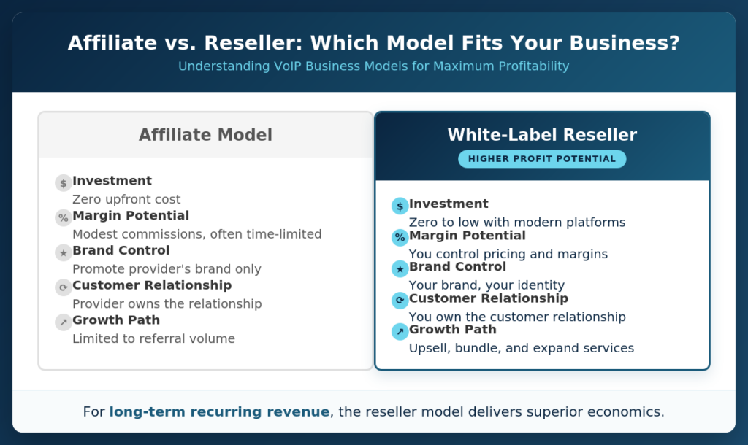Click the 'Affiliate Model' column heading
point(205,135)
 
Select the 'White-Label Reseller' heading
point(542,135)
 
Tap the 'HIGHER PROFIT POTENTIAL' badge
point(542,159)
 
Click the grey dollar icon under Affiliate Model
point(64,183)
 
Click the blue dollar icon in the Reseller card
point(400,206)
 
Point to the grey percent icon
point(64,217)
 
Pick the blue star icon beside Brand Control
point(400,269)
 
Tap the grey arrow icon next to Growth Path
point(64,322)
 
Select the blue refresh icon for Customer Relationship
point(400,301)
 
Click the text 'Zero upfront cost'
point(126,199)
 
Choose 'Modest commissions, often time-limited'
point(197,234)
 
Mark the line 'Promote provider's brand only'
point(167,268)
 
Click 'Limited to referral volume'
point(153,338)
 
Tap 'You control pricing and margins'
point(508,254)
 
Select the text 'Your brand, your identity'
point(486,285)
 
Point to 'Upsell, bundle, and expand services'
point(522,348)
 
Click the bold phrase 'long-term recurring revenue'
point(219,411)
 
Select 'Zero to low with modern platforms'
point(517,222)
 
